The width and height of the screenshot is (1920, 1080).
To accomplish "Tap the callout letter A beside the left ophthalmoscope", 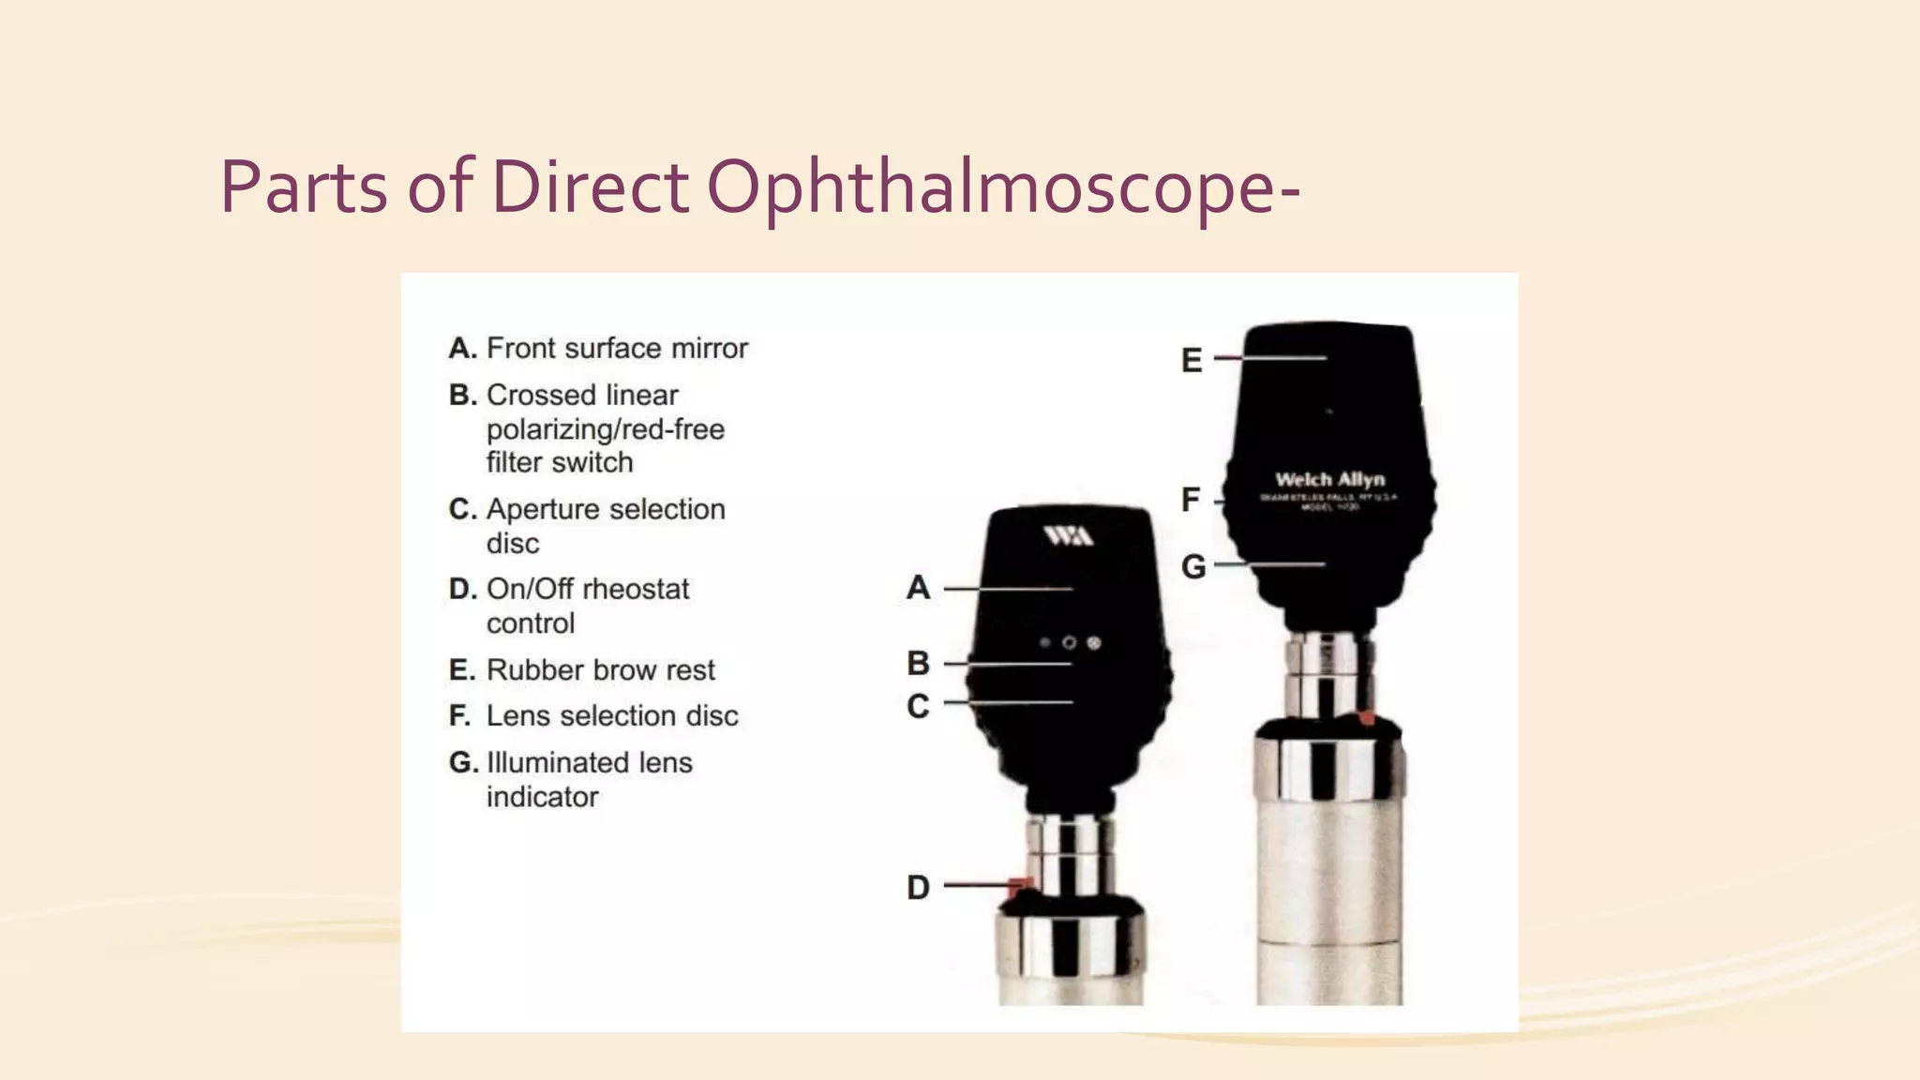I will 919,588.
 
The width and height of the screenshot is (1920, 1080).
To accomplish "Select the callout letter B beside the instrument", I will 919,664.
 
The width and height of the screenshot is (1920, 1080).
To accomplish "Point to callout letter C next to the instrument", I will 919,706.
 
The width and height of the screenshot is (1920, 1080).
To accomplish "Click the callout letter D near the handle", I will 919,887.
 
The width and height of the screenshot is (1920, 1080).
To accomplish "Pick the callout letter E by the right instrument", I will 1192,361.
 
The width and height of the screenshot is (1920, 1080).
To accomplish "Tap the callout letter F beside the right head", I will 1191,500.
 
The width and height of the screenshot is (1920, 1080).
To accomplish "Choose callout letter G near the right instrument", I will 1192,566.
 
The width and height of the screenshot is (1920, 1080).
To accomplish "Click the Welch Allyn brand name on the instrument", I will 1329,479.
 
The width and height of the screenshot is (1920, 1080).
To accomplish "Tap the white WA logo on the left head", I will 1068,535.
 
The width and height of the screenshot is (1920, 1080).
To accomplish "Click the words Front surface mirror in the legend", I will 617,349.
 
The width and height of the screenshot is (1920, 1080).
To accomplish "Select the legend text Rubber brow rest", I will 600,670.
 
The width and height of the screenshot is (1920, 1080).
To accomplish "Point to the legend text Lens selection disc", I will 612,716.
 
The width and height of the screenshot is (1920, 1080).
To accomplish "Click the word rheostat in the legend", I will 636,590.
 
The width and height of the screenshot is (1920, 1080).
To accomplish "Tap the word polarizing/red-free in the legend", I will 605,429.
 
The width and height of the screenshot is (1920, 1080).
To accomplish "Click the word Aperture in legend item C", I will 543,510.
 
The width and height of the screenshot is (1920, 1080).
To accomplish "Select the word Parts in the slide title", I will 304,187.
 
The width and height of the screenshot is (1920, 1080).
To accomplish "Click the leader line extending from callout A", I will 1008,589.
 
